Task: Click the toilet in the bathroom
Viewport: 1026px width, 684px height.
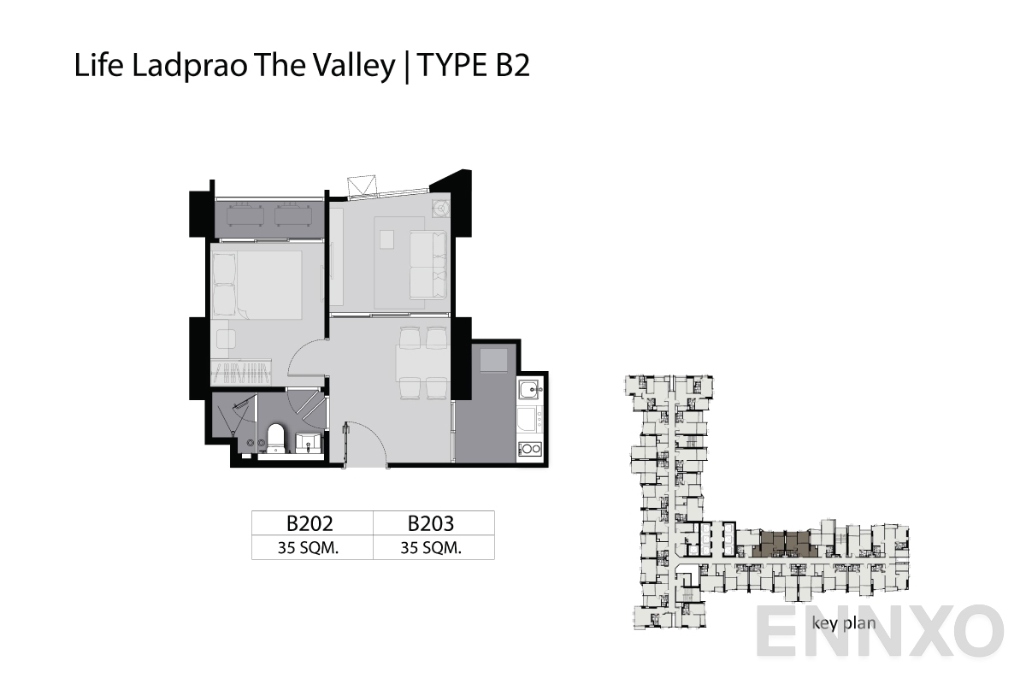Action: (x=276, y=438)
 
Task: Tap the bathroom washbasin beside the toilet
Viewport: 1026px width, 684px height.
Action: (x=309, y=443)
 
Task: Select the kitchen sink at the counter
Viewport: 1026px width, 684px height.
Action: (x=530, y=390)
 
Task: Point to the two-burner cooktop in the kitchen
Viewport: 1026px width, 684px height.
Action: (x=530, y=449)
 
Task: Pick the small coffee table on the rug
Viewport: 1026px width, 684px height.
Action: (x=387, y=239)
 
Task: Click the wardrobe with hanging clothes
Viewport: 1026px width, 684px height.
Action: (x=241, y=372)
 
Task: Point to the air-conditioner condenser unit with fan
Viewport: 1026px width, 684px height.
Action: (x=441, y=209)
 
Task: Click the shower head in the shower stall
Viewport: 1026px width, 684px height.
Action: (x=239, y=405)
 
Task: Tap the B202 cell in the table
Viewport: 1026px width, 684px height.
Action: (x=310, y=523)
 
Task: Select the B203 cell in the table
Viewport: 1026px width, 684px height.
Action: (x=431, y=523)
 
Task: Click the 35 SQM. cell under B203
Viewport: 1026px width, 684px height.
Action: (x=431, y=547)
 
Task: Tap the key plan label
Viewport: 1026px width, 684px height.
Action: (x=844, y=623)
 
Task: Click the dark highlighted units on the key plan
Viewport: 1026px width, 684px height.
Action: (x=785, y=545)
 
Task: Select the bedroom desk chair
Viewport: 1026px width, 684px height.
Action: (x=226, y=339)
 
